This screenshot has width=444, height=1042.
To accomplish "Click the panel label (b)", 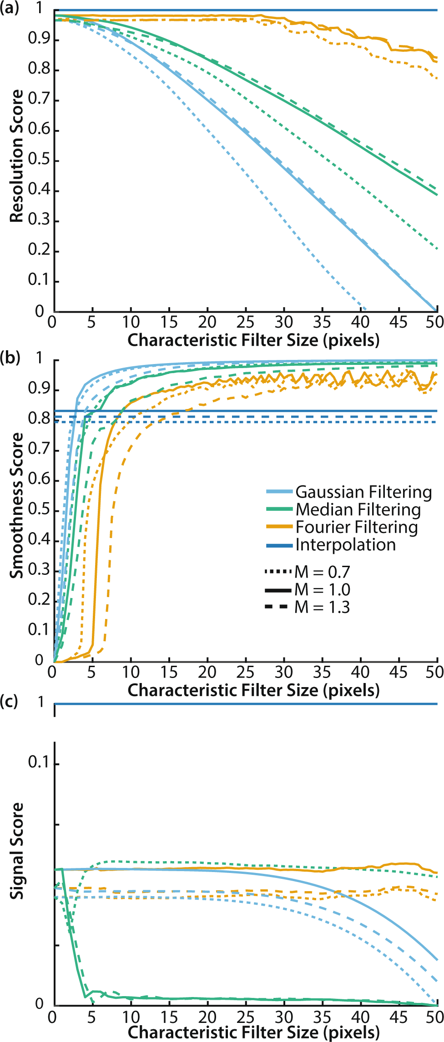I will pos(10,358).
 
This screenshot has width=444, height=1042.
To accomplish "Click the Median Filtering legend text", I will pos(358,509).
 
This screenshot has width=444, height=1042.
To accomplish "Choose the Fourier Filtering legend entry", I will pos(356,527).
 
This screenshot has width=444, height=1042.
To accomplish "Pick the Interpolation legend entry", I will pos(345,544).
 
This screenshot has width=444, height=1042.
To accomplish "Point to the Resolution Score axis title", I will pos(16,155).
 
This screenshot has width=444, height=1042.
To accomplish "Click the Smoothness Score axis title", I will pos(16,505).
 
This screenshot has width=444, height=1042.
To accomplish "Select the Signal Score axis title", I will pos(16,851).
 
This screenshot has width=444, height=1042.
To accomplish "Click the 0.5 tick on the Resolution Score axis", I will pos(39,160).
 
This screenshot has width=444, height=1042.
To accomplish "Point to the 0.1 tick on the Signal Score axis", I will pos(39,762).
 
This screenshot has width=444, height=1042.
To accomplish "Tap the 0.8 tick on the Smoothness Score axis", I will pos(39,419).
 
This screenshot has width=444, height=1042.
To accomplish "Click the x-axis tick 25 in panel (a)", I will pos(245,322).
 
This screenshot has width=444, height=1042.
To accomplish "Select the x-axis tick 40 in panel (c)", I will pos(360,1016).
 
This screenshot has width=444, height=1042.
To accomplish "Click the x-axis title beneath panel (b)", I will pos(253,690).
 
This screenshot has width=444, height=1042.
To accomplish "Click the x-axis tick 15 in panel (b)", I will pos(169,672).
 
